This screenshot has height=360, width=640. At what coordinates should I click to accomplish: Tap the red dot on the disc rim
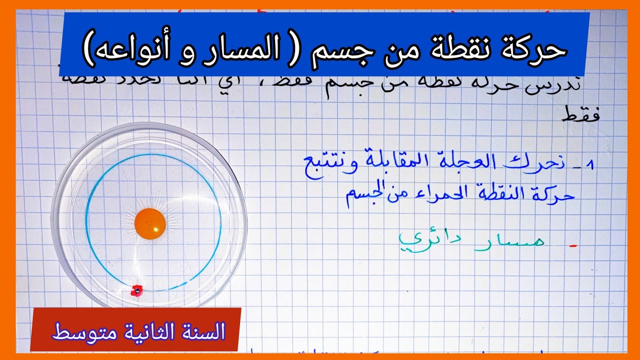[136, 290]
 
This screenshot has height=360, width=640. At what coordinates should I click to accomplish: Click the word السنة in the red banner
[203, 331]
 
